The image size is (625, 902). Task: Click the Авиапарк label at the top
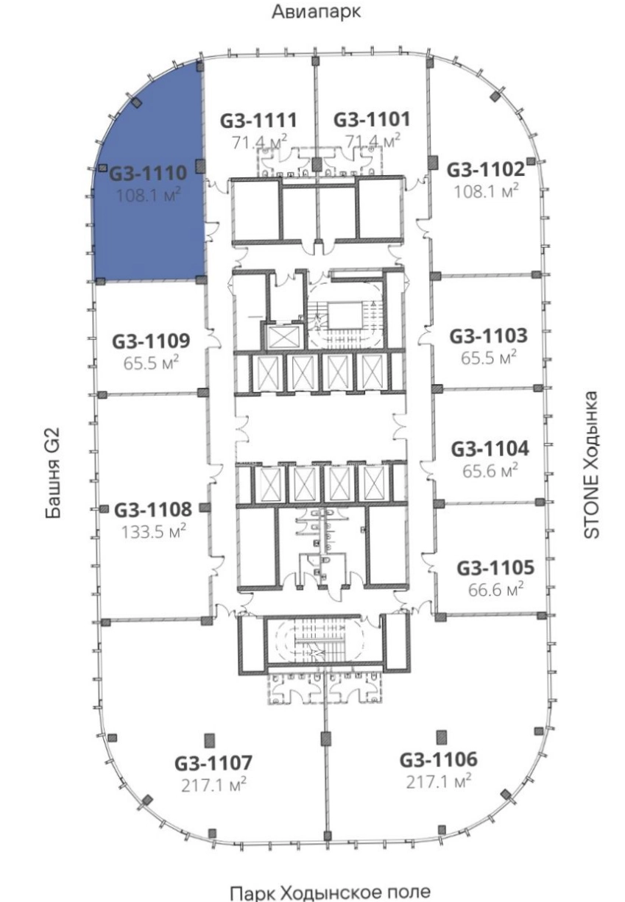[316, 12]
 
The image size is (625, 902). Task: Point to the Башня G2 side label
[53, 472]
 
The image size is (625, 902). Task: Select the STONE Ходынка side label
[591, 464]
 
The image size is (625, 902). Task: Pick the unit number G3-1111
[258, 120]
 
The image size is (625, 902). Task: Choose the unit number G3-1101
[372, 119]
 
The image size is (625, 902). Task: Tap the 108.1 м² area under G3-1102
[486, 191]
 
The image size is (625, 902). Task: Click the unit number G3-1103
[488, 335]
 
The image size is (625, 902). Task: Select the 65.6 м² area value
[490, 470]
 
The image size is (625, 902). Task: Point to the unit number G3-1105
[495, 568]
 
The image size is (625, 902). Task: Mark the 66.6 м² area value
[495, 590]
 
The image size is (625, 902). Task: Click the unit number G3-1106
[439, 760]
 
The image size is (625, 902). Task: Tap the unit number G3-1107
[213, 762]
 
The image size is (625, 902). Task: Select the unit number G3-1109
[151, 341]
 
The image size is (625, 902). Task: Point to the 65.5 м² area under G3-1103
[489, 358]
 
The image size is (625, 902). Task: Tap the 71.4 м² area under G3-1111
[260, 142]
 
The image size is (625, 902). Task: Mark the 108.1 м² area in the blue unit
[148, 196]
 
